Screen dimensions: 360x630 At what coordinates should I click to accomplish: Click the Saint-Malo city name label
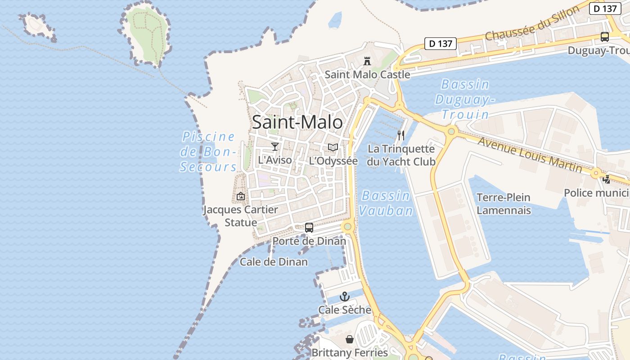click(x=297, y=122)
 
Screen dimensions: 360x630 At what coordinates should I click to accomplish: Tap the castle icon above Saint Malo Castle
click(x=367, y=61)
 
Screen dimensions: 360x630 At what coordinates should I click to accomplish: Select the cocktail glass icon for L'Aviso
click(x=274, y=146)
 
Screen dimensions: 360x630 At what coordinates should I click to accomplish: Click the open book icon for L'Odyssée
click(x=333, y=147)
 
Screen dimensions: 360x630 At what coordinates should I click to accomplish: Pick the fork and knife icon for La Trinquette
click(x=401, y=135)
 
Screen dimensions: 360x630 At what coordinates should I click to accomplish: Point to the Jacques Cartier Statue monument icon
click(x=241, y=196)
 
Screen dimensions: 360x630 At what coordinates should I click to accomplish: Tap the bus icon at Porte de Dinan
click(x=309, y=228)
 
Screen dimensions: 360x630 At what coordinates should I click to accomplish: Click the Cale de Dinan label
click(x=274, y=262)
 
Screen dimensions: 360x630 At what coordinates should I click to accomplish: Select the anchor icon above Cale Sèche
click(x=344, y=297)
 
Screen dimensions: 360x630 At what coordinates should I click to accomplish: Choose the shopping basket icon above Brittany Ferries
click(x=349, y=339)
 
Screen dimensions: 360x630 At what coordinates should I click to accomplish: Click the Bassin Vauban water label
click(x=386, y=203)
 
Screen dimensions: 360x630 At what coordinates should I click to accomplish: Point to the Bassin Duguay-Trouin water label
click(x=465, y=99)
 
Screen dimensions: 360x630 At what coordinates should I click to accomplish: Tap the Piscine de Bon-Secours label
click(x=208, y=152)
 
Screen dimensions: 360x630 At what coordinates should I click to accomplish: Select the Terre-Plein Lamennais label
click(x=504, y=204)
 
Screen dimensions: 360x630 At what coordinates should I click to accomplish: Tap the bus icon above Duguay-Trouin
click(x=605, y=37)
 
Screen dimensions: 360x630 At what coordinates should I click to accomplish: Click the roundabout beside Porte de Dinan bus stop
click(x=347, y=226)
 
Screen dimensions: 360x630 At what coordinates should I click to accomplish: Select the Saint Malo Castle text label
click(x=367, y=75)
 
